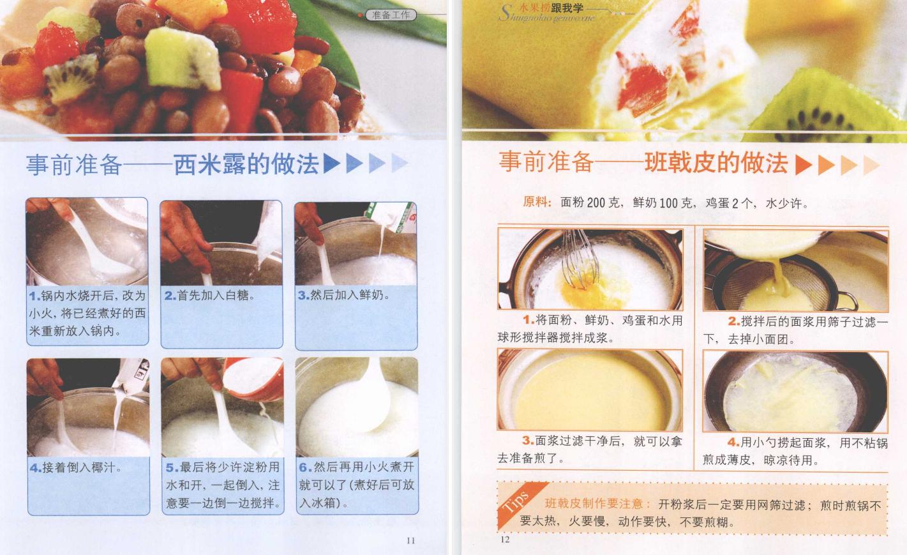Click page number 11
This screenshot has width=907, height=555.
(x=410, y=540)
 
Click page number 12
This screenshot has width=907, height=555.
(x=505, y=539)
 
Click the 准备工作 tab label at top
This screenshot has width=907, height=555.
(x=391, y=15)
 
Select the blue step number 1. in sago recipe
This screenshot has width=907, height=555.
(x=34, y=296)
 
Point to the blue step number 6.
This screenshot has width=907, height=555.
(x=304, y=468)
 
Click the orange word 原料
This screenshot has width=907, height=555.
(x=537, y=202)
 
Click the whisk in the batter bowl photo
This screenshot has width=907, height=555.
(x=579, y=259)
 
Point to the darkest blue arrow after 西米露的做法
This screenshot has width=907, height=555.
(x=332, y=164)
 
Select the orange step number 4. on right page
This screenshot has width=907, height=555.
(x=733, y=442)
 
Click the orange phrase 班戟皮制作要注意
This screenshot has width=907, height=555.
(x=594, y=503)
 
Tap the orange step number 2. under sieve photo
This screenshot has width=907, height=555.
(x=734, y=321)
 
